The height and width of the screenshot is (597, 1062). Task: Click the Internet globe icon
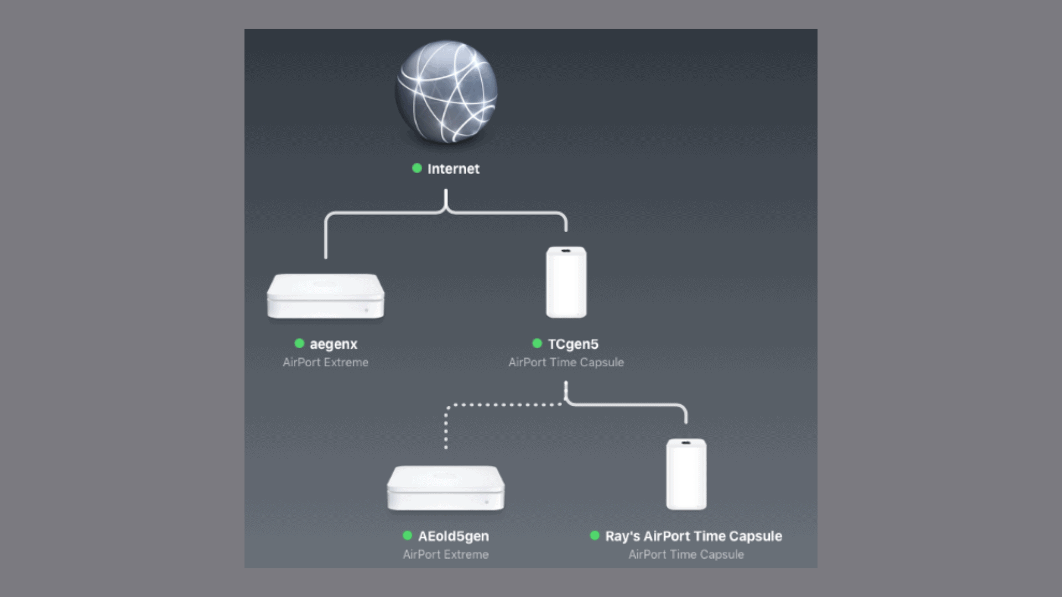pyautogui.click(x=446, y=92)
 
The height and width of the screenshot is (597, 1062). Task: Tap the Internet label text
pyautogui.click(x=453, y=169)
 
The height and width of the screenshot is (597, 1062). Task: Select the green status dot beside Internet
pyautogui.click(x=417, y=168)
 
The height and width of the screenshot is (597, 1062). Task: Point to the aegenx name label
pyautogui.click(x=334, y=344)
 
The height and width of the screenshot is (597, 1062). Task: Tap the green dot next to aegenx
pyautogui.click(x=299, y=343)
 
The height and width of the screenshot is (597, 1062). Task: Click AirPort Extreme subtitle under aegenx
pyautogui.click(x=325, y=363)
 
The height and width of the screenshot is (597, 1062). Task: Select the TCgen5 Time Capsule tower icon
pyautogui.click(x=566, y=282)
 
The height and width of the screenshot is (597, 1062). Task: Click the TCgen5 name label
pyautogui.click(x=573, y=344)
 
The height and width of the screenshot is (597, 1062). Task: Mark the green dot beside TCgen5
pyautogui.click(x=537, y=343)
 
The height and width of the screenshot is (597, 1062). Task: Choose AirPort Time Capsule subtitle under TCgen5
pyautogui.click(x=566, y=363)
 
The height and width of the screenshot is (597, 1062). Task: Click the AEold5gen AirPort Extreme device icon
pyautogui.click(x=446, y=488)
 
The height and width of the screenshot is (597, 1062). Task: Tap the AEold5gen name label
pyautogui.click(x=454, y=536)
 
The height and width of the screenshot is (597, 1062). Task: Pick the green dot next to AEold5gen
pyautogui.click(x=408, y=535)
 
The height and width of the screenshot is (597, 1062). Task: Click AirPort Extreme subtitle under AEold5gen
pyautogui.click(x=446, y=554)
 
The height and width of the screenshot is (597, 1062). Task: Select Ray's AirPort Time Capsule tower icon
pyautogui.click(x=686, y=474)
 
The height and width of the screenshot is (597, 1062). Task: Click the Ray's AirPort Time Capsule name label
pyautogui.click(x=694, y=536)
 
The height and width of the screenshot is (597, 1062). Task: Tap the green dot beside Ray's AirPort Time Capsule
pyautogui.click(x=595, y=535)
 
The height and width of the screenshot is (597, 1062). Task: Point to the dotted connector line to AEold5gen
pyautogui.click(x=498, y=405)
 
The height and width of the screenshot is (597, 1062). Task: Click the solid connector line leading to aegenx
pyautogui.click(x=326, y=238)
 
